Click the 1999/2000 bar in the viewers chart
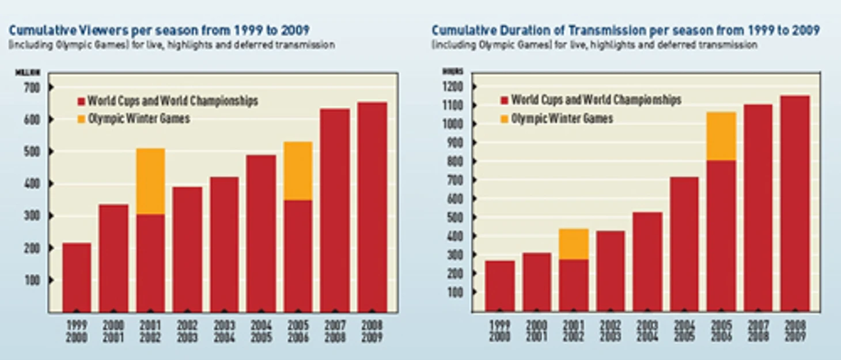(x=77, y=277)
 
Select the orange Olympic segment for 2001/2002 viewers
(x=151, y=181)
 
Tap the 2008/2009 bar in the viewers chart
(x=372, y=207)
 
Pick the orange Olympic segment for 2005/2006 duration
(x=721, y=136)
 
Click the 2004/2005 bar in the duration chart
(x=684, y=244)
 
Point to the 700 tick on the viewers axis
(x=32, y=88)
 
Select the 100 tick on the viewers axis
(x=32, y=281)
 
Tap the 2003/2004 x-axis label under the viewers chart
(x=224, y=331)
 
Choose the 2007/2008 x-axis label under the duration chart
(x=758, y=331)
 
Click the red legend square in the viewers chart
(x=81, y=102)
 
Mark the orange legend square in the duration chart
(x=505, y=119)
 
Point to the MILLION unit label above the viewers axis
(x=28, y=73)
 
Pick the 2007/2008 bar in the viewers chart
(x=335, y=210)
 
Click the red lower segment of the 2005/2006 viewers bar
(x=298, y=256)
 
